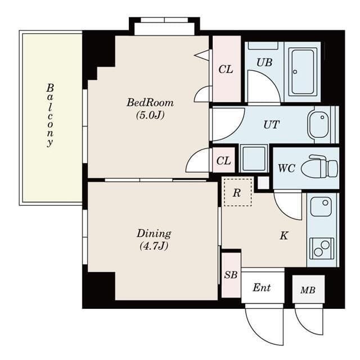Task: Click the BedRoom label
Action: click(x=150, y=102)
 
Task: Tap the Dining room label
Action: click(x=154, y=234)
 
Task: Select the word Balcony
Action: click(x=50, y=115)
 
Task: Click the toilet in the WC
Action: click(x=319, y=166)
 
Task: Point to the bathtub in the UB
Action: click(x=303, y=71)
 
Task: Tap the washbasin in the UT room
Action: click(x=318, y=124)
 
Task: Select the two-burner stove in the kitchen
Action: click(x=321, y=249)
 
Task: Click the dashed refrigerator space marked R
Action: click(x=238, y=192)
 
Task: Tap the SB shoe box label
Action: click(x=231, y=274)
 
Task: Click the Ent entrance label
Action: click(x=262, y=287)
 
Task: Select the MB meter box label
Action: click(x=308, y=290)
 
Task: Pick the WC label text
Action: click(x=286, y=168)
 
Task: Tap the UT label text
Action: click(x=271, y=125)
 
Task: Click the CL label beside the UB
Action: click(x=226, y=69)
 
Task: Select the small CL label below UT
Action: click(x=223, y=161)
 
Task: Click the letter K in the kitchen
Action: click(x=284, y=236)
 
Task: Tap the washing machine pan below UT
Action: click(x=254, y=158)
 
